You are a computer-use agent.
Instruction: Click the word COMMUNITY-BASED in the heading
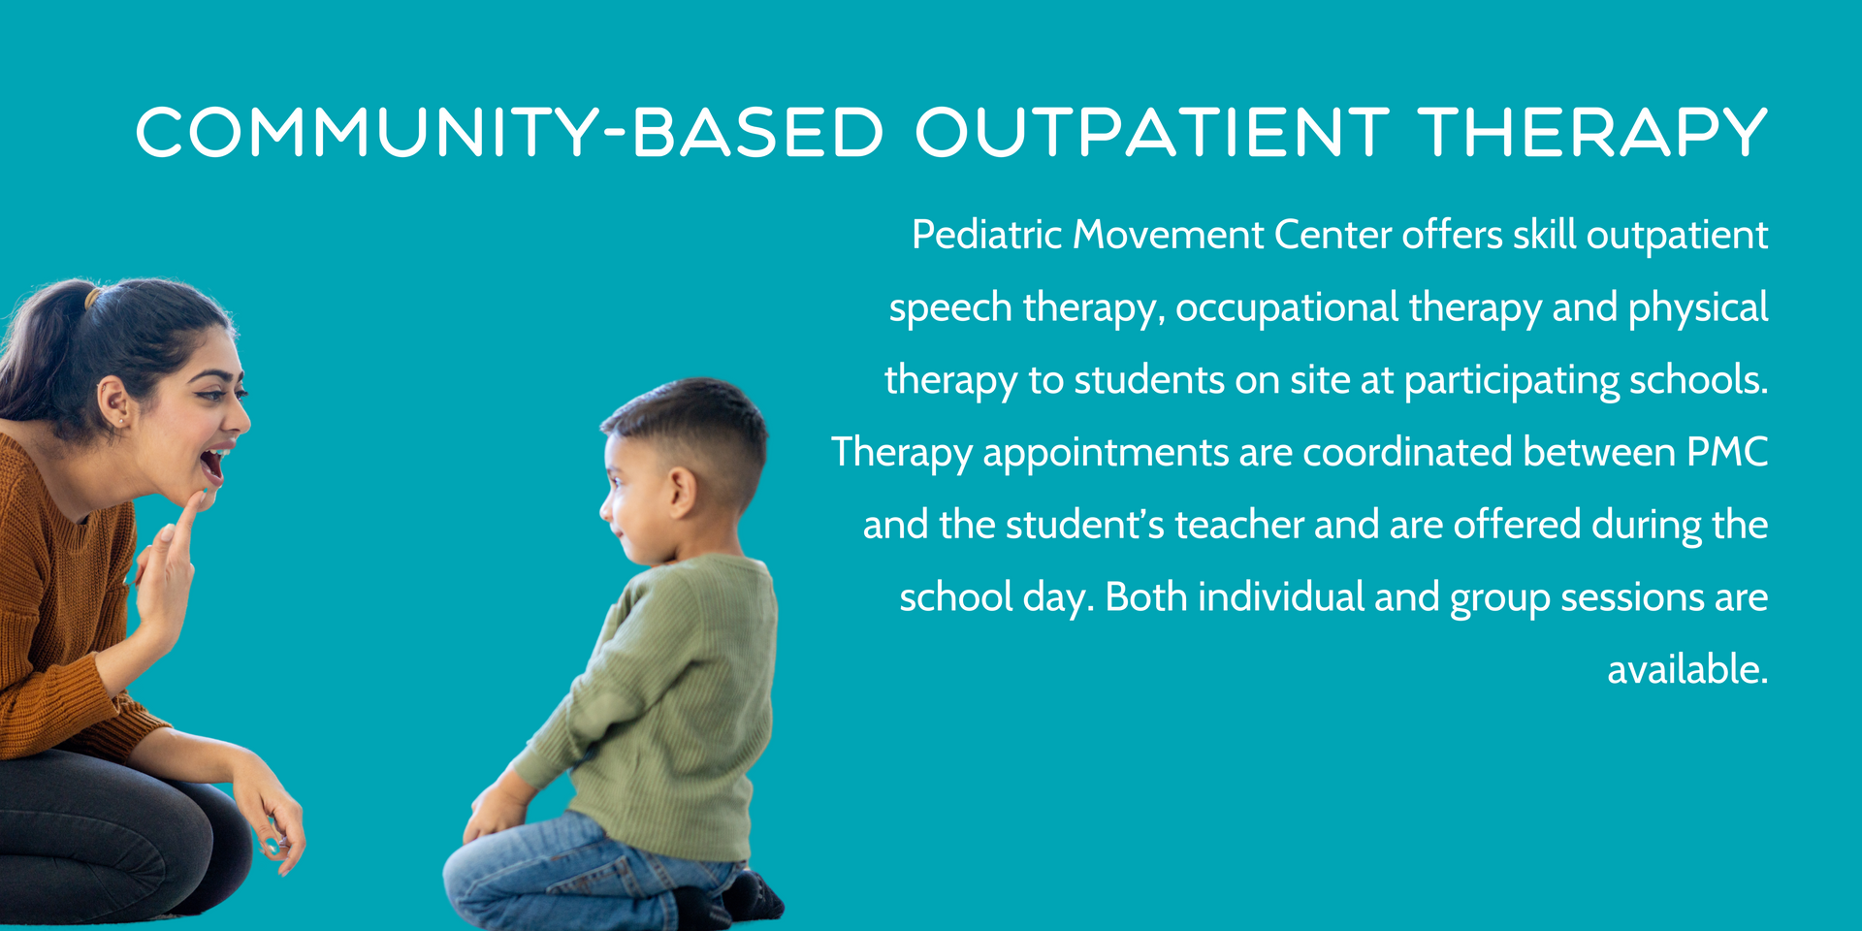click(510, 132)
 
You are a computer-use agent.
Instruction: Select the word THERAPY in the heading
click(1593, 132)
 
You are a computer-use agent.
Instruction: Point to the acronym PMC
click(1727, 452)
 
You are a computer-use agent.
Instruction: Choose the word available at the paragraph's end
click(1687, 669)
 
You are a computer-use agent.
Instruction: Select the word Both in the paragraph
click(1146, 596)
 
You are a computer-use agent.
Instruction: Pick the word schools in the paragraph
click(1698, 379)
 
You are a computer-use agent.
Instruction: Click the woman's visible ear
click(113, 402)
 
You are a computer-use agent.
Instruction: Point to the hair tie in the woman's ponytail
click(92, 297)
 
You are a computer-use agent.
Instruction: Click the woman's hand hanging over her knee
click(272, 815)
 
